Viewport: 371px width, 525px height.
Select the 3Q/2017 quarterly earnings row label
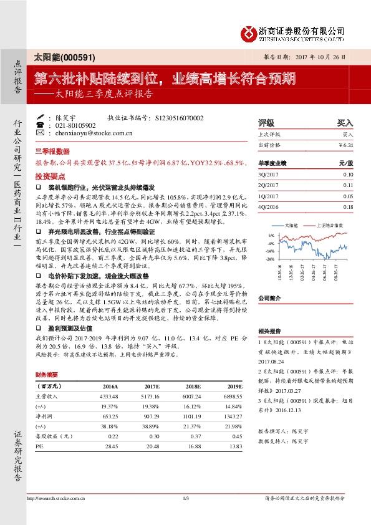tap(268, 175)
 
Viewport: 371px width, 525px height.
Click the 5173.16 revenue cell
tap(150, 397)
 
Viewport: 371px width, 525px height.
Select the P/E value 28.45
tap(112, 447)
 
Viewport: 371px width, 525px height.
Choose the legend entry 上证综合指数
tap(331, 225)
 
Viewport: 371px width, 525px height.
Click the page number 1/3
tap(185, 498)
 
